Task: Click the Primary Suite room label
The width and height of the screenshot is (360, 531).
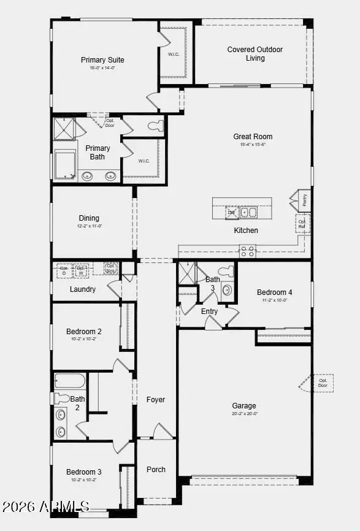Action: [102, 60]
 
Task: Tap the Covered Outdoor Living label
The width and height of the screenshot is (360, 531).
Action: [255, 54]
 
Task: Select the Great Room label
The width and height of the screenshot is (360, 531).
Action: [253, 137]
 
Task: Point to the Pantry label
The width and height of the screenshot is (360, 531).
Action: [304, 200]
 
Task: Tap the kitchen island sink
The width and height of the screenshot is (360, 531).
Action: [248, 212]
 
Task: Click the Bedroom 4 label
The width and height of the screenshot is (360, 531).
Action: [274, 292]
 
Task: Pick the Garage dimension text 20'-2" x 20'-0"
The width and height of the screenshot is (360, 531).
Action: [244, 414]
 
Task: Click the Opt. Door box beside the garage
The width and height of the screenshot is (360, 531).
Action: [323, 383]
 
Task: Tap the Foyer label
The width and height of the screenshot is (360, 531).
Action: [156, 400]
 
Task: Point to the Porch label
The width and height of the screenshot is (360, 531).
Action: [156, 470]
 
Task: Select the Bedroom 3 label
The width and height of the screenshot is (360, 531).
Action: [84, 472]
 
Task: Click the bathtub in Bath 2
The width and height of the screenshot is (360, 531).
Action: [69, 381]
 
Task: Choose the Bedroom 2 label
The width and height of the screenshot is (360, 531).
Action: [84, 332]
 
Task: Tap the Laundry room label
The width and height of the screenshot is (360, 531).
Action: [82, 289]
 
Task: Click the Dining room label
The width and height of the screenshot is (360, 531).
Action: [89, 218]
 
